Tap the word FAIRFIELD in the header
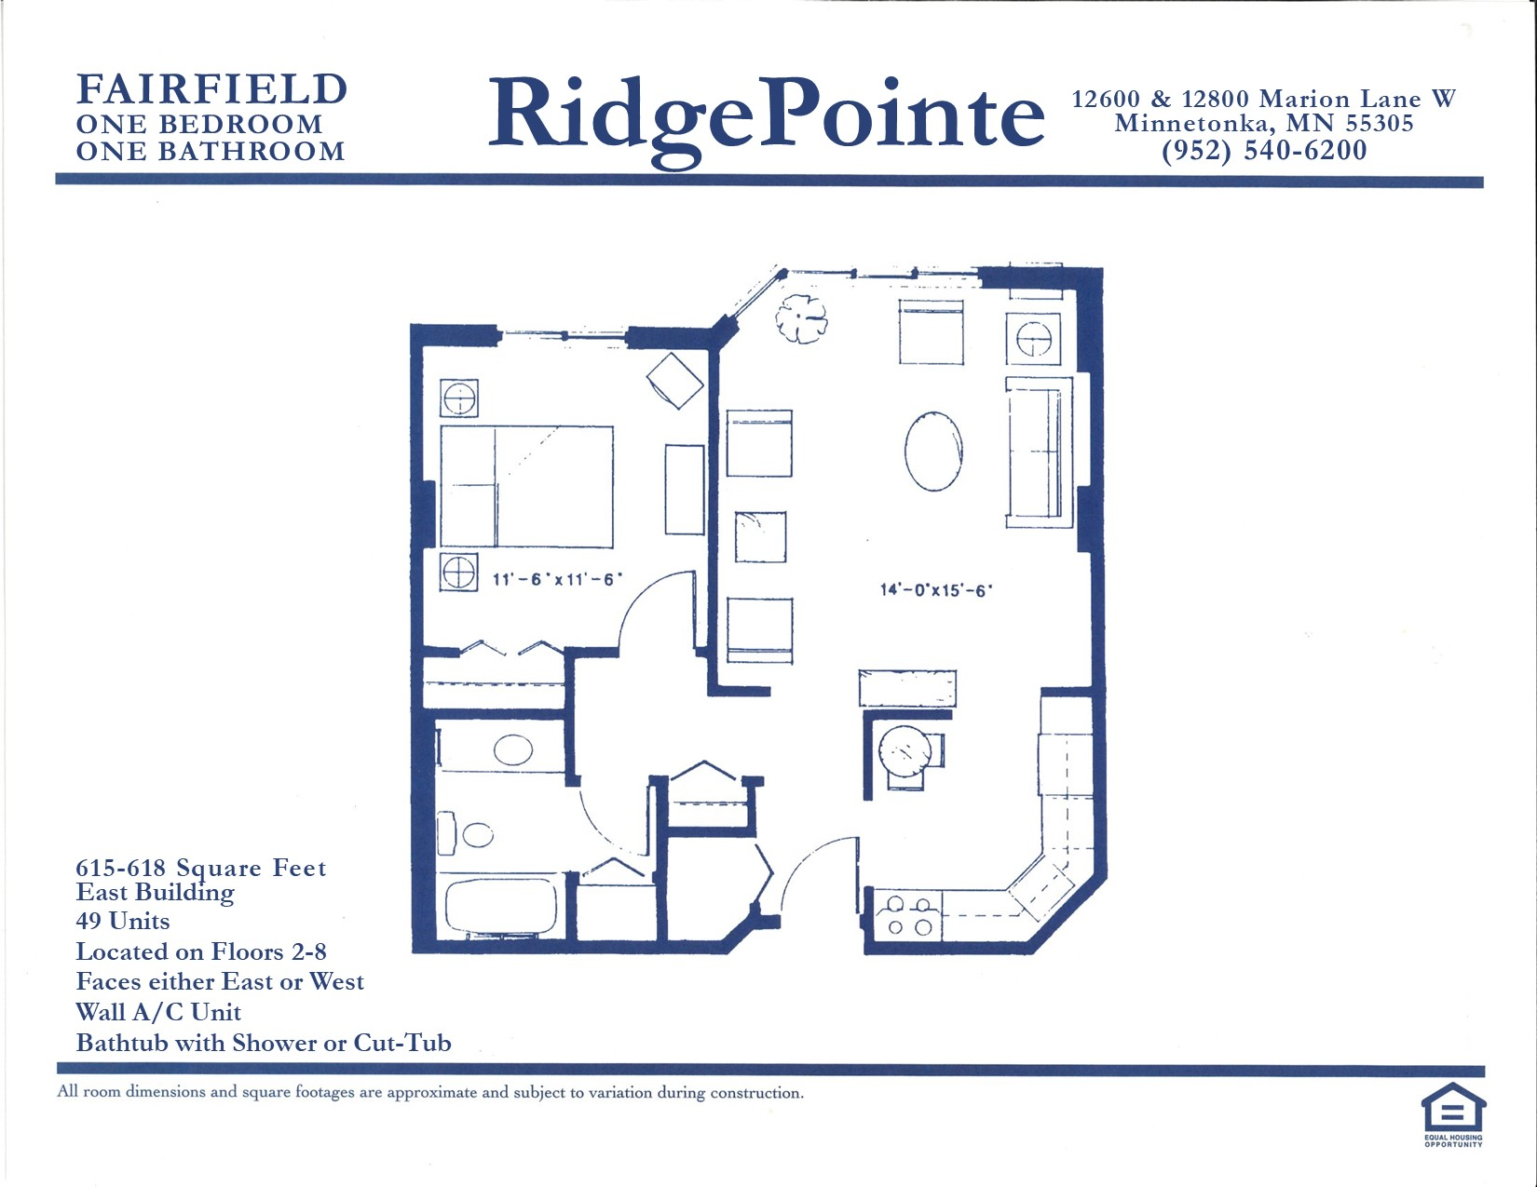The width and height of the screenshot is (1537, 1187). [x=211, y=89]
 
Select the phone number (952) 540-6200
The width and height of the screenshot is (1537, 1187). [x=1265, y=150]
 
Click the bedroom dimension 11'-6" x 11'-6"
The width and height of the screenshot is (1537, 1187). [x=557, y=580]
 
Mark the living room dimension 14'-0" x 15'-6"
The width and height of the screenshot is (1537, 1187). [x=936, y=589]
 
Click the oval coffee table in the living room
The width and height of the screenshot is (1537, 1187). [x=933, y=451]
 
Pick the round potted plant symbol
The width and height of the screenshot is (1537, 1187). [x=801, y=318]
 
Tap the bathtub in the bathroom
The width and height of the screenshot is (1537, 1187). [x=501, y=907]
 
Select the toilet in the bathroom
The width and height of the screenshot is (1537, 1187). [x=466, y=834]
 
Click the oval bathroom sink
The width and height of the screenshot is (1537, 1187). [x=513, y=749]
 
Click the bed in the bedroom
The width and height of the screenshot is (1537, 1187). [x=527, y=486]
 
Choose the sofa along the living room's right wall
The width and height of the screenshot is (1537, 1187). [x=1039, y=452]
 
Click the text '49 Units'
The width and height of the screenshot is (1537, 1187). [x=123, y=921]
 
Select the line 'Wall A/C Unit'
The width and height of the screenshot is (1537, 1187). [x=158, y=1012]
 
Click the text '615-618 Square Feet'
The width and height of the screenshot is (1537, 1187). [x=201, y=868]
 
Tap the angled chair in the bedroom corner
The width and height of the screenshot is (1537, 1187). [x=674, y=381]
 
